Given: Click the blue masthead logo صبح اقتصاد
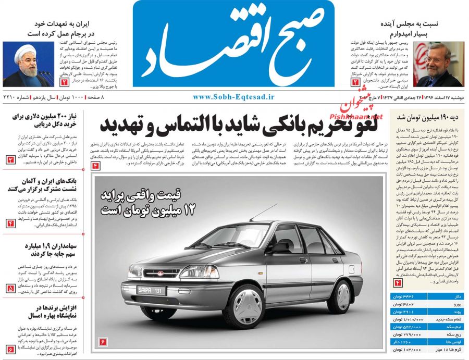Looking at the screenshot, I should pos(233,44).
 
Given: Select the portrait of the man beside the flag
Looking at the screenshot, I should pos(438,64).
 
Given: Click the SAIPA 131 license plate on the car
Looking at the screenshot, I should pos(150,290).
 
